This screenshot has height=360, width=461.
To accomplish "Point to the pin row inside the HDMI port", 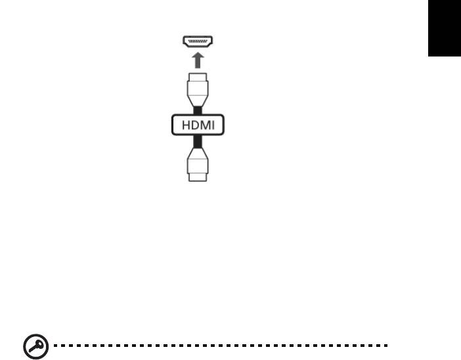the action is pyautogui.click(x=198, y=41).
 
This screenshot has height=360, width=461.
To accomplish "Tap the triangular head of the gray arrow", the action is pyautogui.click(x=198, y=56).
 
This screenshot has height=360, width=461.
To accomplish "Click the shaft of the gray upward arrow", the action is pyautogui.click(x=198, y=64).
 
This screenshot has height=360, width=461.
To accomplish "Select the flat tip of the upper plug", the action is pyautogui.click(x=198, y=77).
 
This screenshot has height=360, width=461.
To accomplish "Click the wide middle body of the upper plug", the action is pyautogui.click(x=198, y=88).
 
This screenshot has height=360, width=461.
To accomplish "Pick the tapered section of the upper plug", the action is pyautogui.click(x=198, y=101).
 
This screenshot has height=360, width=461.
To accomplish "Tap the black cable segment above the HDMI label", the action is pyautogui.click(x=198, y=110).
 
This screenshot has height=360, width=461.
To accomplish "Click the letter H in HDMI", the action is pyautogui.click(x=186, y=125).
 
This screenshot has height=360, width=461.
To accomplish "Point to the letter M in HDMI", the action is pyautogui.click(x=206, y=125).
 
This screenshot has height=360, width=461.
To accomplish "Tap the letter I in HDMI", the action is pyautogui.click(x=213, y=125).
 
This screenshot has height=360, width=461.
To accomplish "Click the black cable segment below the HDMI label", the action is pyautogui.click(x=198, y=141).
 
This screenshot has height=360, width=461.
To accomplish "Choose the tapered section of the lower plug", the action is pyautogui.click(x=198, y=153).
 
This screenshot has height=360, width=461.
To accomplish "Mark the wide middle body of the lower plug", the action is pyautogui.click(x=198, y=166).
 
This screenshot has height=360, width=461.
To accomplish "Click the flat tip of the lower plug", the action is pyautogui.click(x=198, y=177).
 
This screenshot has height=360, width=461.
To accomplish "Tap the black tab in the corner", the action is pyautogui.click(x=445, y=28).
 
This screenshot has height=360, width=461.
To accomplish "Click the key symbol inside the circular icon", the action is pyautogui.click(x=36, y=346).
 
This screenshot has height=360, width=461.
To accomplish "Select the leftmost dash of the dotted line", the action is pyautogui.click(x=55, y=346).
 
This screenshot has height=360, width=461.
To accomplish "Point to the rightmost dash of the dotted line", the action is pyautogui.click(x=385, y=346).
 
